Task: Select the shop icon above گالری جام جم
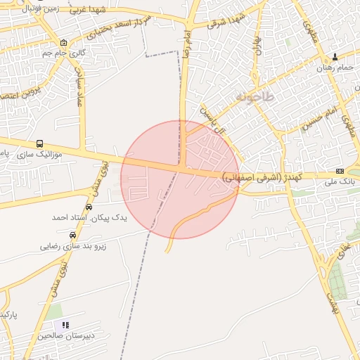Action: click(x=64, y=42)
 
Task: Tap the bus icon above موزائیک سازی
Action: click(x=39, y=143)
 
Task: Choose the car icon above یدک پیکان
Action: click(x=89, y=207)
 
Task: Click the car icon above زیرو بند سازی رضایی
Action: click(x=72, y=235)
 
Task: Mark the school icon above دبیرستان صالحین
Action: click(x=65, y=325)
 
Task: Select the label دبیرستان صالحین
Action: click(x=65, y=336)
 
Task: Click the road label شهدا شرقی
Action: click(x=225, y=22)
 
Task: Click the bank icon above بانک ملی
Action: click(x=340, y=171)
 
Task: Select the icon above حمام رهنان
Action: click(x=335, y=57)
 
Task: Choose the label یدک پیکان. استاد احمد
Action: click(x=89, y=218)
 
